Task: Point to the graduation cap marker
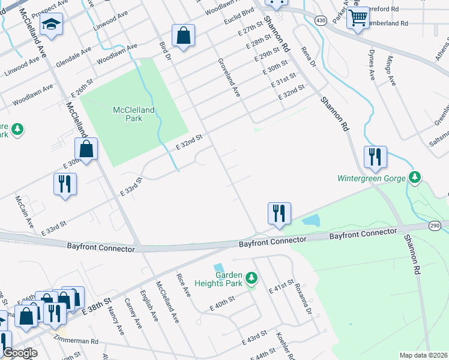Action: pyautogui.click(x=51, y=25)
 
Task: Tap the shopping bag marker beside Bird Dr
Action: pyautogui.click(x=183, y=36)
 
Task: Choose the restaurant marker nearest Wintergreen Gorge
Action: pyautogui.click(x=375, y=157)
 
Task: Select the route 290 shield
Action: pyautogui.click(x=435, y=225)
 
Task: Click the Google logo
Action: pyautogui.click(x=19, y=353)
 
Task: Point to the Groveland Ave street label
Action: pyautogui.click(x=229, y=77)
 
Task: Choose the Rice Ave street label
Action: pyautogui.click(x=183, y=286)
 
